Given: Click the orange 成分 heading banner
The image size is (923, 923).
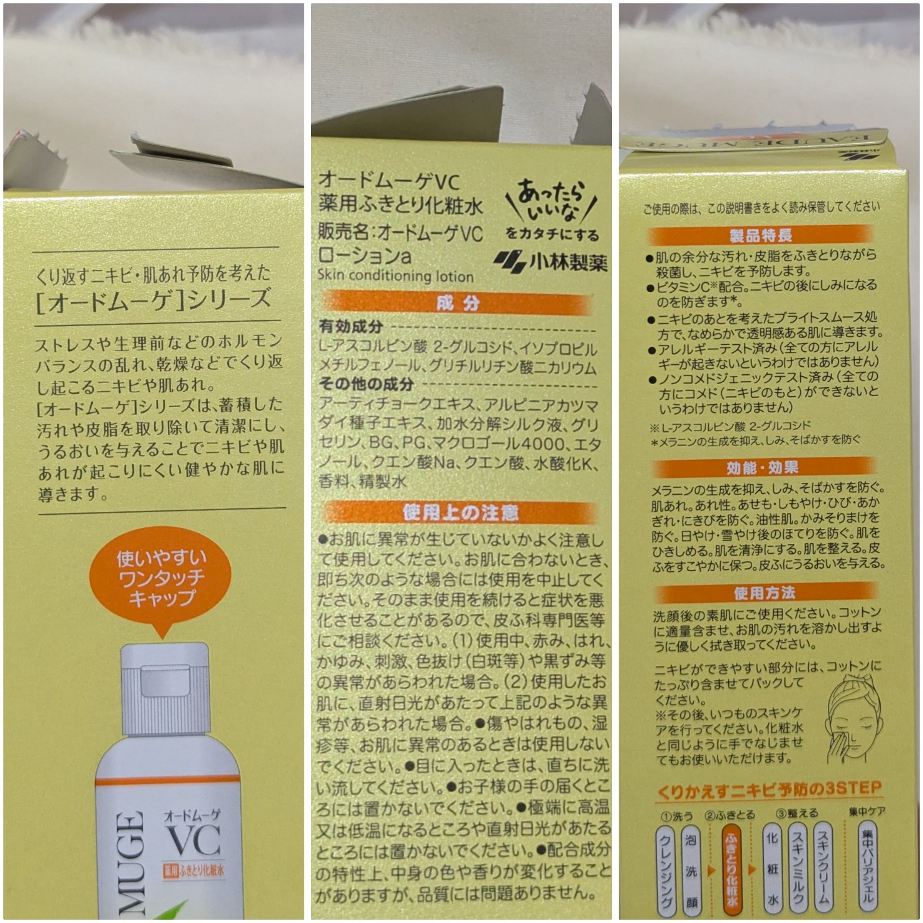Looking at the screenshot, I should pyautogui.click(x=457, y=304).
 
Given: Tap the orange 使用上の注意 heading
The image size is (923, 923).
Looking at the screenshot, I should pyautogui.click(x=460, y=513).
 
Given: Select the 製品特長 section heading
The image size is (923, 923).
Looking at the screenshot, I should pyautogui.click(x=761, y=236).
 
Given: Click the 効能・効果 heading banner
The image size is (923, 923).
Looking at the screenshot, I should pyautogui.click(x=762, y=468).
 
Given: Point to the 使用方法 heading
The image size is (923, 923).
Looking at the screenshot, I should pyautogui.click(x=764, y=594).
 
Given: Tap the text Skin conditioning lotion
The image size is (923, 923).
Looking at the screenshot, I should pyautogui.click(x=395, y=276).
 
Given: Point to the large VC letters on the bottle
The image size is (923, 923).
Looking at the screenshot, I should pyautogui.click(x=192, y=840).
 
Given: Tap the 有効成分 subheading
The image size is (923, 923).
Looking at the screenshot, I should pyautogui.click(x=351, y=327).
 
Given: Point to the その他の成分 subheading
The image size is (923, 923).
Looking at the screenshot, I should pyautogui.click(x=366, y=384).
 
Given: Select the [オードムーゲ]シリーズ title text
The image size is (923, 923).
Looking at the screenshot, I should pyautogui.click(x=153, y=300).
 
